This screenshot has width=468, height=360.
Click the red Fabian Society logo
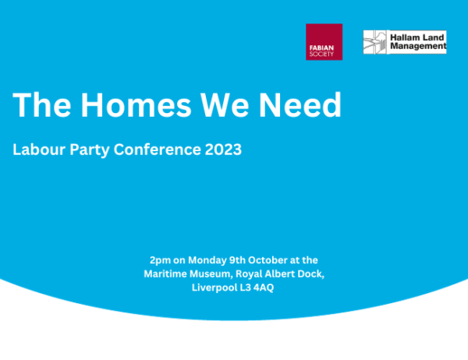click(x=324, y=42)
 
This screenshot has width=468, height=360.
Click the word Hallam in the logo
click(x=403, y=37)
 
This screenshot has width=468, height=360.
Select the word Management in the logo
click(x=418, y=46)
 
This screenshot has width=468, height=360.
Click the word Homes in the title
click(x=136, y=105)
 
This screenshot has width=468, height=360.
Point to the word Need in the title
click(x=300, y=105)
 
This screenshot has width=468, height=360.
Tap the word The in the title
click(x=42, y=105)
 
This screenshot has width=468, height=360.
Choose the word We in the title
click(x=225, y=105)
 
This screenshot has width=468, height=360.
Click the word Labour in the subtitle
click(x=39, y=150)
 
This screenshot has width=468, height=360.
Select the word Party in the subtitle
click(x=90, y=150)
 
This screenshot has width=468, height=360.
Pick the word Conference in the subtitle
click(x=158, y=150)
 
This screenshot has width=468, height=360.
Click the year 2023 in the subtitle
click(x=223, y=150)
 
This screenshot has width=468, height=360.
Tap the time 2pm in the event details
click(x=160, y=261)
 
